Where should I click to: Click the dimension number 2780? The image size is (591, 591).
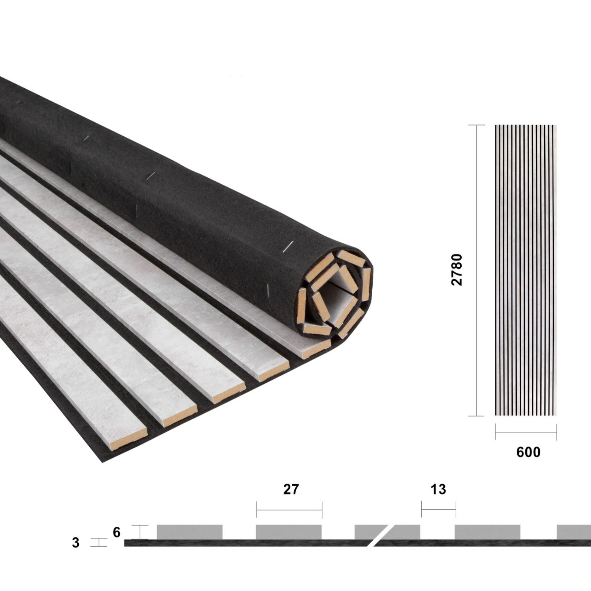coord(457,270)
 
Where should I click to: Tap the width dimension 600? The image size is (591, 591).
coord(528,452)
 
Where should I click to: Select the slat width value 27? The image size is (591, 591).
coord(291,489)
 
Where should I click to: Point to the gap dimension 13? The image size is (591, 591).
coord(438,489)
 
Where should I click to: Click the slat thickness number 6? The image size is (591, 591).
coord(117,532)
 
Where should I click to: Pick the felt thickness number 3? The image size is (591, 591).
coord(76,543)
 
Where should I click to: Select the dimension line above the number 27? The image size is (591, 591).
coord(289,510)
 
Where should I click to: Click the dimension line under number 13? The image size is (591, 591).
coord(438,510)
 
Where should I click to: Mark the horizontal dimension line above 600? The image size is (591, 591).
coord(526,432)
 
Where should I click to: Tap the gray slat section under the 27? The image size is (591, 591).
coord(288,532)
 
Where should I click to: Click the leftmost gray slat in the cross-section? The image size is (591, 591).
coord(189,532)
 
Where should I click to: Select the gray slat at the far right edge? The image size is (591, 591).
coord(574,532)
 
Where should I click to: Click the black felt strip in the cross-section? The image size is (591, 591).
coord(259,543)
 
